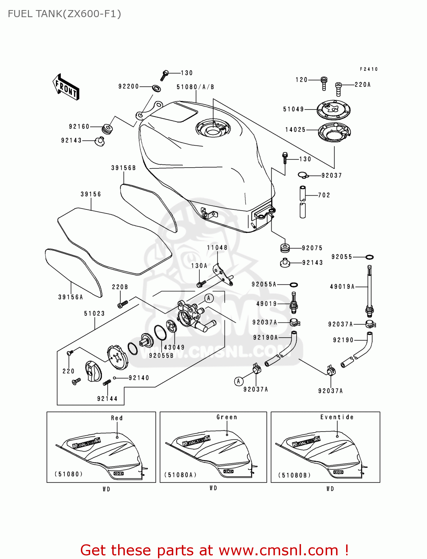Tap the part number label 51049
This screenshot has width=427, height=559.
coord(294,109)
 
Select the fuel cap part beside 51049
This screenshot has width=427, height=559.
coord(333,110)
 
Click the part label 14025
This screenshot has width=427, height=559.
coord(295,130)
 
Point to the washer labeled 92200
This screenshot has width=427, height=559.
coord(156,88)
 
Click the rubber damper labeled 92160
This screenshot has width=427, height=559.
coord(107,129)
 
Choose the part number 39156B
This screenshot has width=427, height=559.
coord(123,168)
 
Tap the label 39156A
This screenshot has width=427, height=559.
coord(70,297)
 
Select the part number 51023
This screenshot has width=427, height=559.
coord(94,313)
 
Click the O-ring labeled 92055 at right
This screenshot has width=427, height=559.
coord(369,257)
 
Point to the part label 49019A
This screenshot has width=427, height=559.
coord(342,287)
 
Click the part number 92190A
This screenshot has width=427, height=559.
coord(265,338)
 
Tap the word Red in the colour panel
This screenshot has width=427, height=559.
coord(117,418)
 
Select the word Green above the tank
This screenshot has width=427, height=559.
coord(227,417)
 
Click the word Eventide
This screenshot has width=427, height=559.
coord(337,417)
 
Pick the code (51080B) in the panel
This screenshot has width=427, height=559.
coord(294,475)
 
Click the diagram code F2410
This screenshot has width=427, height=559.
coord(369,69)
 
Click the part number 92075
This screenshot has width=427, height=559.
coord(312,248)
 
